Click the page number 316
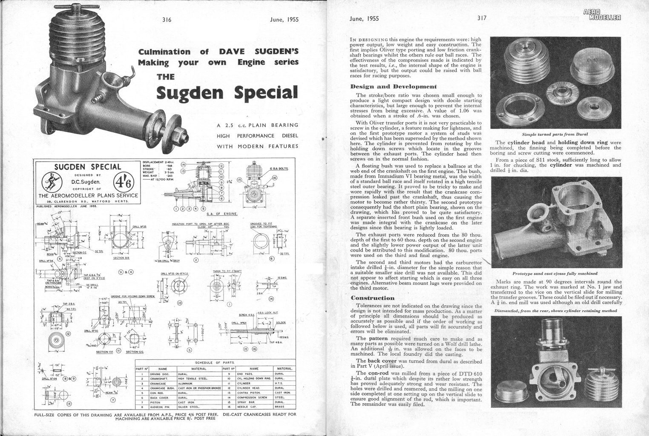[x=167, y=19]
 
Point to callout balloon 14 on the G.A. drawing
[x=183, y=164]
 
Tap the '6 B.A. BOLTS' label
[x=279, y=169]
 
